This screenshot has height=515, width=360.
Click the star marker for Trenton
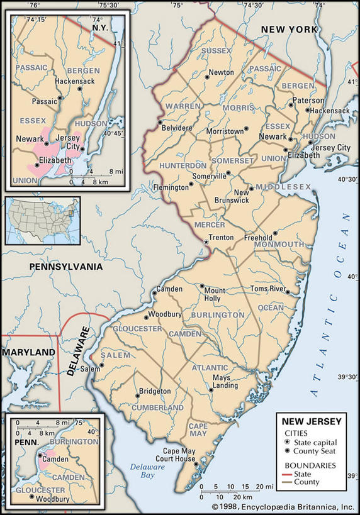point(205,241)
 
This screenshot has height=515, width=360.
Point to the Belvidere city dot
point(160,123)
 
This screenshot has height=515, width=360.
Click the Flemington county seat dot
point(191,184)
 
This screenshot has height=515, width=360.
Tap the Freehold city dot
point(275,233)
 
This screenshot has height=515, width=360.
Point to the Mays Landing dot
point(211,390)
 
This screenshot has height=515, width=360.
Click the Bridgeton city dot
point(137,396)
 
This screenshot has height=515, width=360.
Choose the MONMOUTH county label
point(279,244)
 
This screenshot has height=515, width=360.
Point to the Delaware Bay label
point(142,470)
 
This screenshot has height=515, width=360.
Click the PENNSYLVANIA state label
point(65,267)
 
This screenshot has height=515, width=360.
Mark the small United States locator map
point(42,220)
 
